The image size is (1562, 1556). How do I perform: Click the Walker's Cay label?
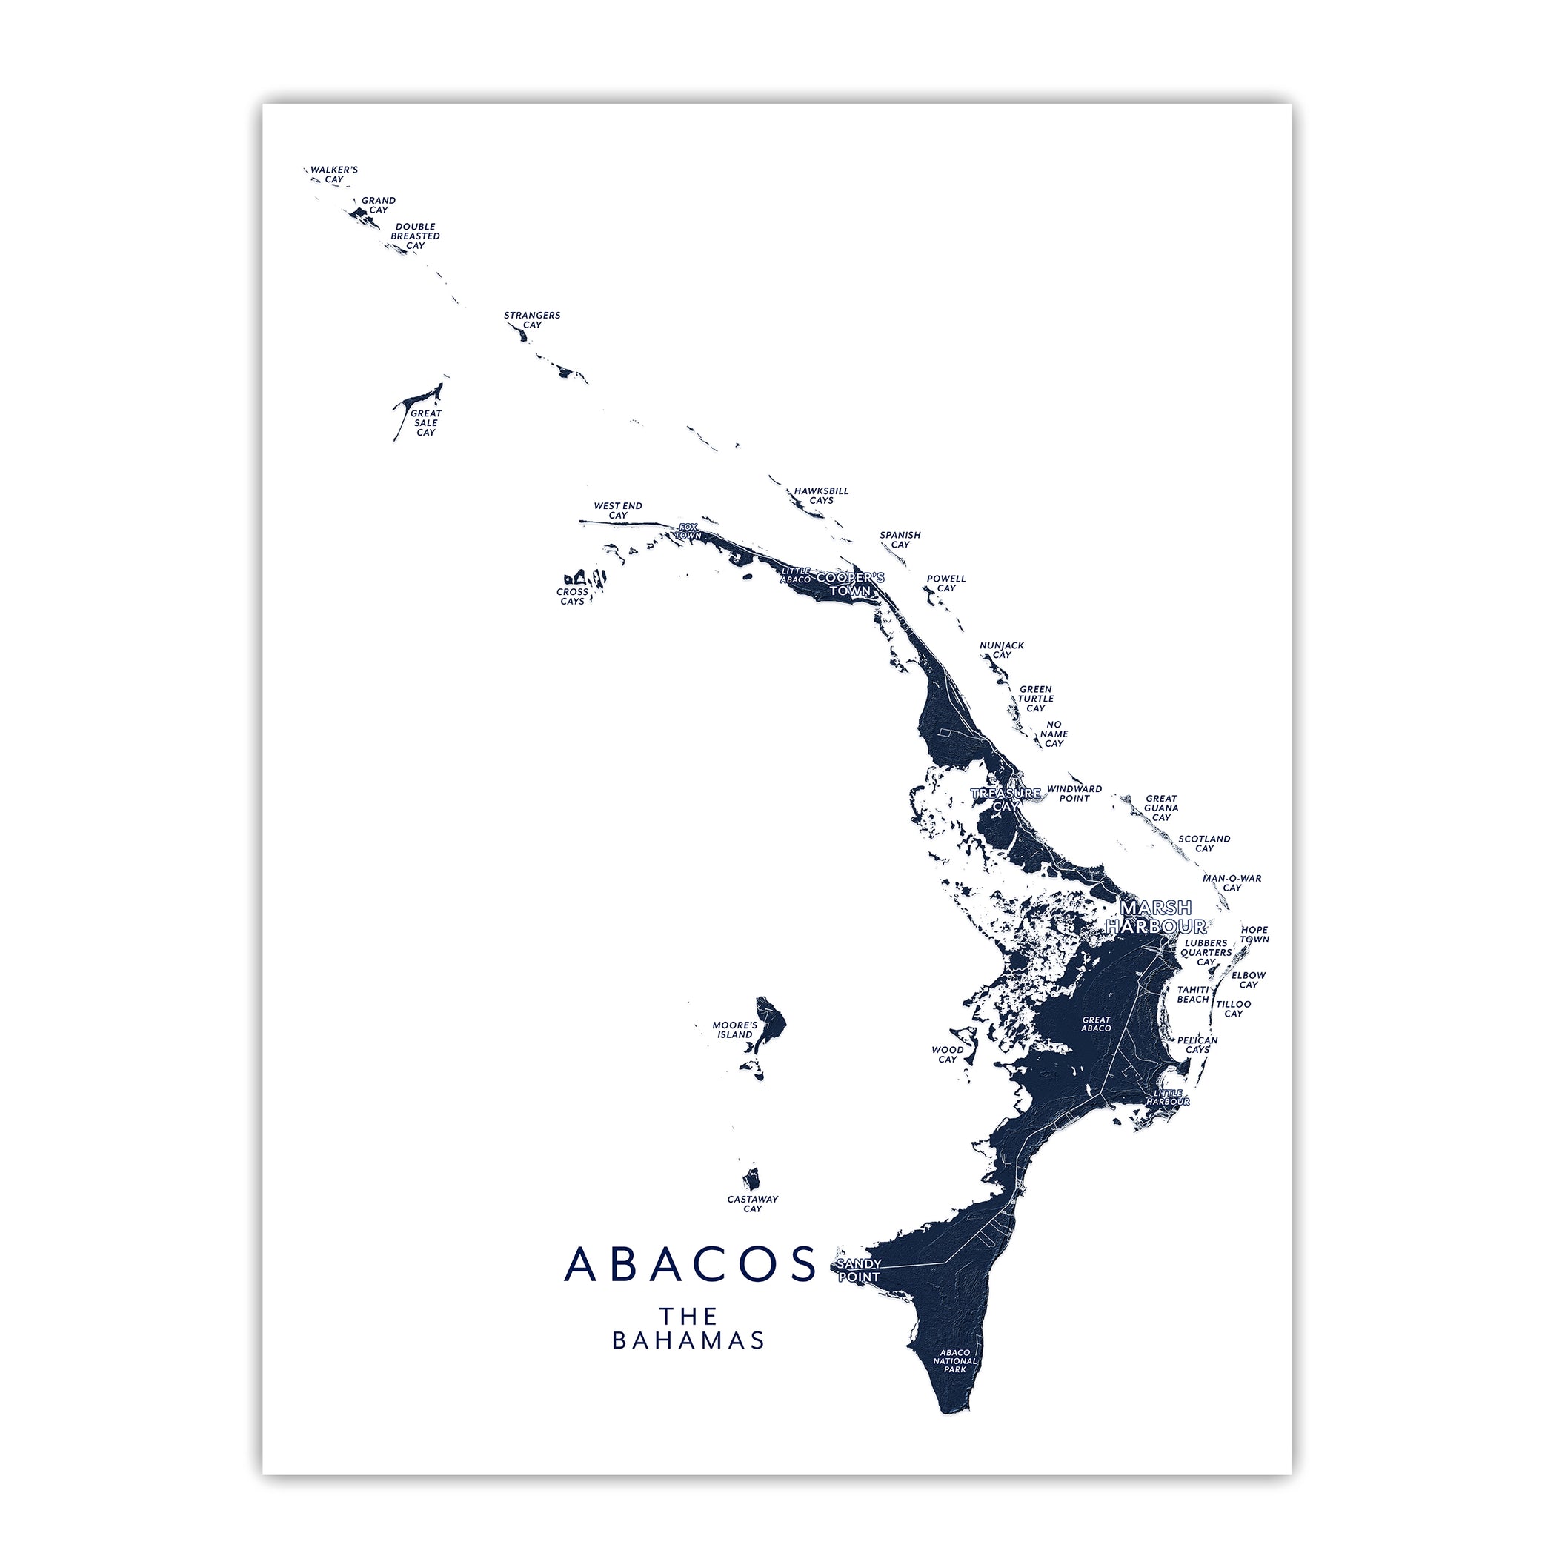coord(334,175)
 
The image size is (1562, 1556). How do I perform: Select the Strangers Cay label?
coord(532,320)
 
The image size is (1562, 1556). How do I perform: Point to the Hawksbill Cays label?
coord(820,496)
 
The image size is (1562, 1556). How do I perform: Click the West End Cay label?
coord(618,510)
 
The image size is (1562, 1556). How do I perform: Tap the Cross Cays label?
coord(572,596)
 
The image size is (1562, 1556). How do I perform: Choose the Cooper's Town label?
coord(851,585)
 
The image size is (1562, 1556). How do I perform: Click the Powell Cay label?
coord(946,584)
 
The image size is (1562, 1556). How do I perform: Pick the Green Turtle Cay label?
coord(1036,699)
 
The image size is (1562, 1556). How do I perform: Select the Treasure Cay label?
coord(1006,799)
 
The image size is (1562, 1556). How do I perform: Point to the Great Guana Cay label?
coord(1161,808)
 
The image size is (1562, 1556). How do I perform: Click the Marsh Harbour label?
coord(1155,917)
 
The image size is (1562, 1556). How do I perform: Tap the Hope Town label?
coord(1254,934)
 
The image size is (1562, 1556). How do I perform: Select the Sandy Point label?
coord(859,1270)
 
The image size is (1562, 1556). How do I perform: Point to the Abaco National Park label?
coord(955,1360)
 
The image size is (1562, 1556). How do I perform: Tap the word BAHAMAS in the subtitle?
coord(688,1340)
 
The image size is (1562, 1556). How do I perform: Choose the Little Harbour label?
coord(1168,1097)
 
